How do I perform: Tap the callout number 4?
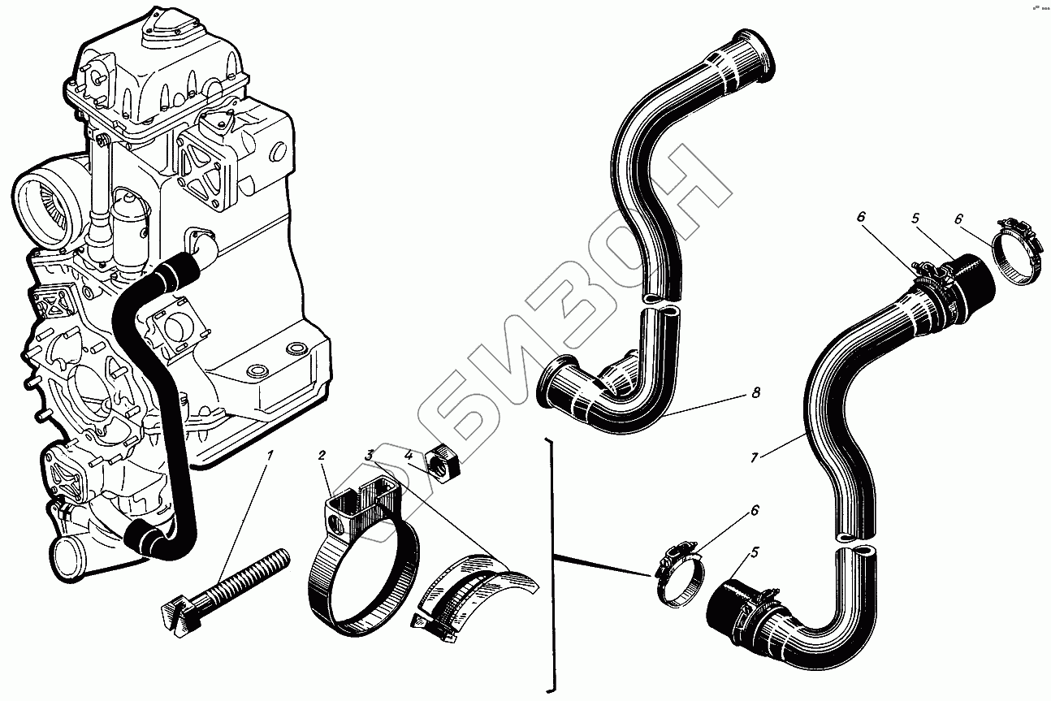point(409,457)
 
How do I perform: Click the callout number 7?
point(754,458)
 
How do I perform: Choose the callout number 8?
point(755,394)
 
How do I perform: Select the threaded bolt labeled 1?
point(227,583)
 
